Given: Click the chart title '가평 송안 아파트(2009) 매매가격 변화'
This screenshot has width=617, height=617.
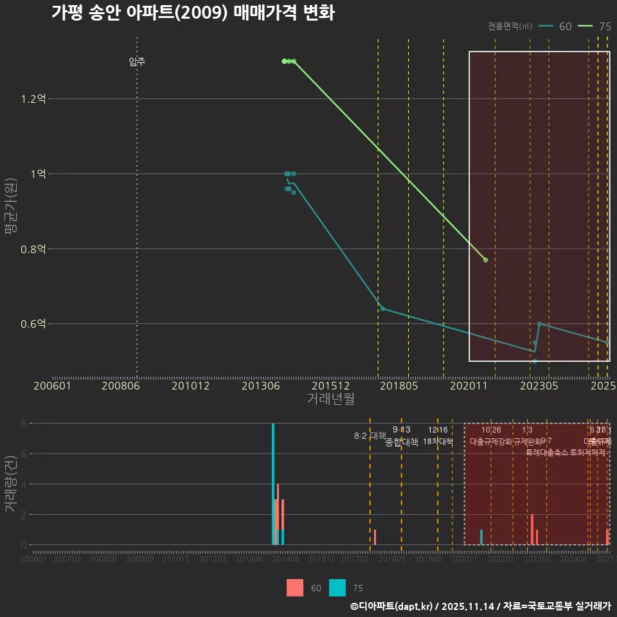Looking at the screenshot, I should point(193,13).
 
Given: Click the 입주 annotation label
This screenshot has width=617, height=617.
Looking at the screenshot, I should point(137,62).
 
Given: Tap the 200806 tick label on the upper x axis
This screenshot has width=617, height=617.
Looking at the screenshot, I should point(121,386).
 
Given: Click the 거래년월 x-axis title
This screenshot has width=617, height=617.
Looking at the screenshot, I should point(330,399).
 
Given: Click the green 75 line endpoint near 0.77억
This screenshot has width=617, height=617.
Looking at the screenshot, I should point(485,260).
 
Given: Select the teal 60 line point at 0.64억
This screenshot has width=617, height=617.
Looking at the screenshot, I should point(382,308).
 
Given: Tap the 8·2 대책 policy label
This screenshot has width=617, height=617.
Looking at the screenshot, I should point(370,436).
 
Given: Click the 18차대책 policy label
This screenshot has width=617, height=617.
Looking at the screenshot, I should point(438,442).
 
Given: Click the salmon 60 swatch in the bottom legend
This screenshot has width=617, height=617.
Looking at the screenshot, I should point(294,587).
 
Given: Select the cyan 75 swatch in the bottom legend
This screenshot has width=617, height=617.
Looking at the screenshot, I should point(337,587).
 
